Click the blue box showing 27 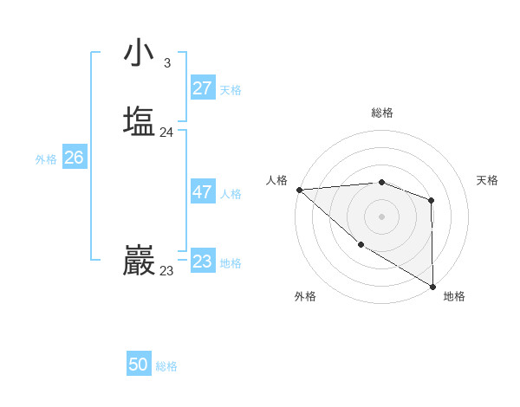click(202, 87)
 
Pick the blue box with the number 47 click(202, 192)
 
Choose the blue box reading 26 click(74, 158)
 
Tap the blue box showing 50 click(139, 365)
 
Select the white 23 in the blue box click(202, 262)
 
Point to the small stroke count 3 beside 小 click(167, 63)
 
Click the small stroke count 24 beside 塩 click(166, 132)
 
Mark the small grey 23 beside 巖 click(166, 271)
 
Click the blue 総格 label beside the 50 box click(166, 366)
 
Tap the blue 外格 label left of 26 click(46, 159)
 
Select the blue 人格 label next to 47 click(231, 194)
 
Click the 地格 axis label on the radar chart click(454, 296)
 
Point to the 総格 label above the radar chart click(381, 113)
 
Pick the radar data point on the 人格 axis click(299, 189)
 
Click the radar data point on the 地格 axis click(432, 286)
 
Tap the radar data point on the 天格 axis click(432, 201)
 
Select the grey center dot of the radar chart click(381, 215)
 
